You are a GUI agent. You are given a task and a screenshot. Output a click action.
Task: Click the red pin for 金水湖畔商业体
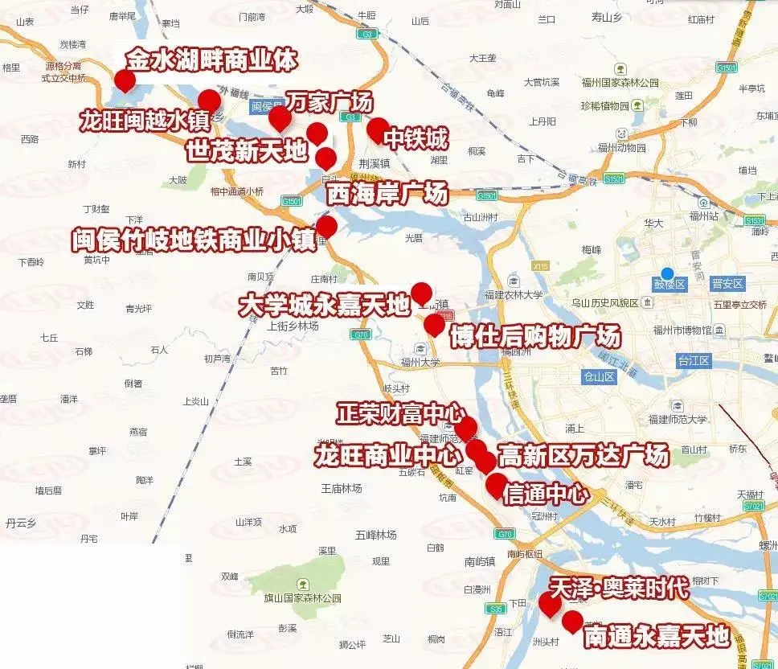pyautogui.click(x=125, y=80)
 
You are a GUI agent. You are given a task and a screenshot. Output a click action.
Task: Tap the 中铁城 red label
pyautogui.click(x=415, y=140)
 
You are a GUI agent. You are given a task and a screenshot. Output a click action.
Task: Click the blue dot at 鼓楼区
pyautogui.click(x=666, y=273)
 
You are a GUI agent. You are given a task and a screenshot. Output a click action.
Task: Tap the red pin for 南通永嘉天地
pyautogui.click(x=572, y=621)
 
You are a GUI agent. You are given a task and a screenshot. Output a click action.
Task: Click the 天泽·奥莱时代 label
pyautogui.click(x=620, y=588)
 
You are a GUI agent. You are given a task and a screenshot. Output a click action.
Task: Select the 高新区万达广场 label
pyautogui.click(x=583, y=456)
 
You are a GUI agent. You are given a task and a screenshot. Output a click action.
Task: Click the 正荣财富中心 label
pyautogui.click(x=400, y=414)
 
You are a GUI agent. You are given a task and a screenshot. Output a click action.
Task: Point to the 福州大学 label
pyautogui.click(x=420, y=362)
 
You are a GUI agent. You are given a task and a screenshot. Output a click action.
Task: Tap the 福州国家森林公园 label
pyautogui.click(x=624, y=83)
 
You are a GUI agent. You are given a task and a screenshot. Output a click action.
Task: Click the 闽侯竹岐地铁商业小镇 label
pyautogui.click(x=194, y=240)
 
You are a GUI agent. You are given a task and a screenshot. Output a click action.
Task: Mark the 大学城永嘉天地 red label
pyautogui.click(x=324, y=306)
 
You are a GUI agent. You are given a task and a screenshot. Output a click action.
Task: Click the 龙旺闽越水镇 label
pyautogui.click(x=144, y=121)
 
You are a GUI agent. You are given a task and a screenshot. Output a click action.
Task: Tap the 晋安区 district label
pyautogui.click(x=728, y=284)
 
